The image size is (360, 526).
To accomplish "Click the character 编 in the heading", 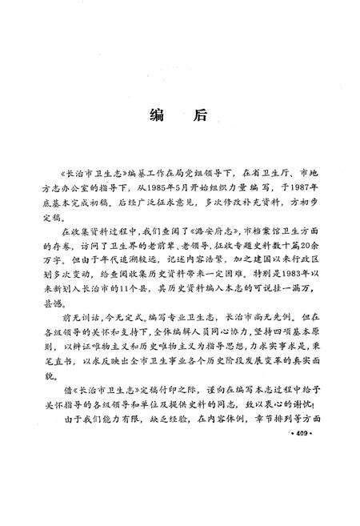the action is coord(157,114).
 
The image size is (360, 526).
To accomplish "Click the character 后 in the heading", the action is coord(198,114).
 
